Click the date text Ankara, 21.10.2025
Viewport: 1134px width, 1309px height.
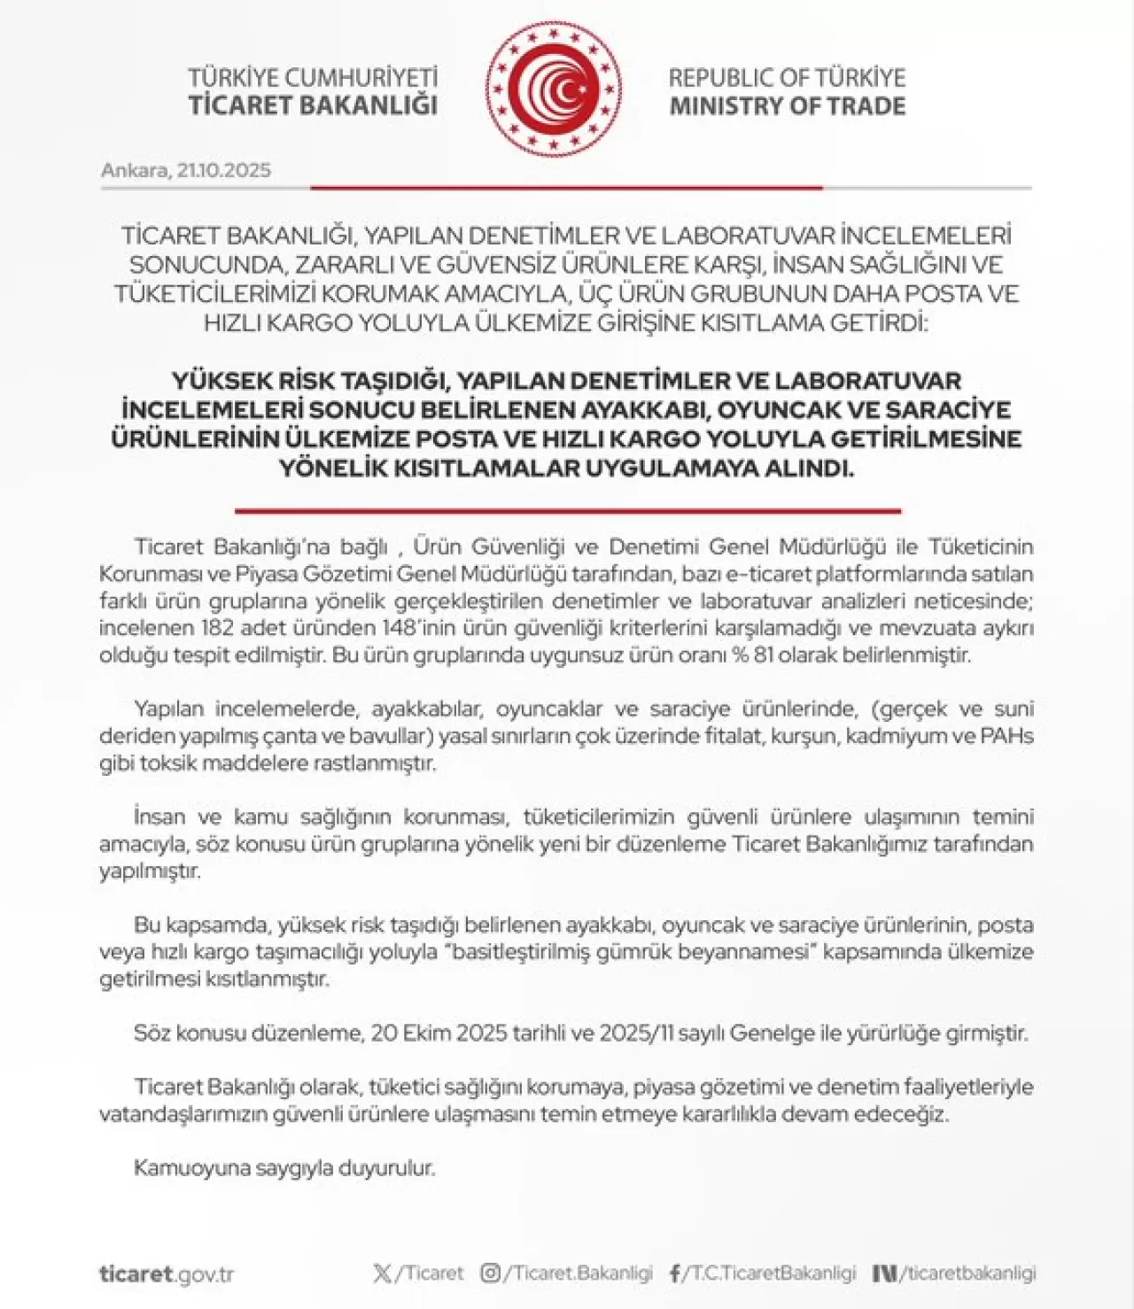coord(186,170)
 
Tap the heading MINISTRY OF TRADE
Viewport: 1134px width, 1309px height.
coord(787,106)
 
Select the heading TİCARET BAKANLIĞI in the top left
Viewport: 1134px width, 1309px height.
coord(313,105)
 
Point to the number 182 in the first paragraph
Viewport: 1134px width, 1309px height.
coord(217,629)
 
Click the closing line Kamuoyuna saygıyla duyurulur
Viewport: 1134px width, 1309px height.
coord(284,1167)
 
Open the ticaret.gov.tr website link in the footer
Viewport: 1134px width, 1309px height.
coord(167,1274)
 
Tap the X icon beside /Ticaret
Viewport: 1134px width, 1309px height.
coord(382,1274)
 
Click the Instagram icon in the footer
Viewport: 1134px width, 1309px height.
coord(490,1274)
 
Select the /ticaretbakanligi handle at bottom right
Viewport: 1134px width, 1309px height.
coord(968,1274)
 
